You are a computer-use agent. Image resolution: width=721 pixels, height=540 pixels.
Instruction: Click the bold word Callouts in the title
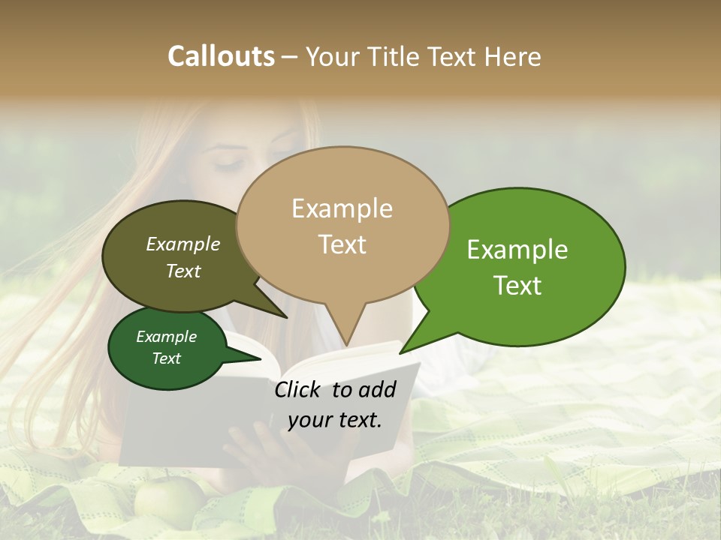pos(221,56)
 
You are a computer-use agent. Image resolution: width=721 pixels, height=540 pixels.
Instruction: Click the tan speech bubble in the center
pos(342,225)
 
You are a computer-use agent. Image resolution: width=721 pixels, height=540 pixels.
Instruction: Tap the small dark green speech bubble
pos(167,348)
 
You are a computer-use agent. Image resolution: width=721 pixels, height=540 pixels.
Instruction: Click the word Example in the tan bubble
pos(342,208)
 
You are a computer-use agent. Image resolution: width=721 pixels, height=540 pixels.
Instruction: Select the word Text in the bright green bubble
pos(518,286)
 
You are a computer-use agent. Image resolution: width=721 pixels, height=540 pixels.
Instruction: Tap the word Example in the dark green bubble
pos(167,337)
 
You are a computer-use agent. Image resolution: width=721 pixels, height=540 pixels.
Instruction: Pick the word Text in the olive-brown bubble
pos(183,271)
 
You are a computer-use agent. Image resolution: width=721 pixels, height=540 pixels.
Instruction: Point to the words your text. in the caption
pos(335,420)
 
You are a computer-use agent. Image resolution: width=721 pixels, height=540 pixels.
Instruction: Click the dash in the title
pos(291,56)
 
